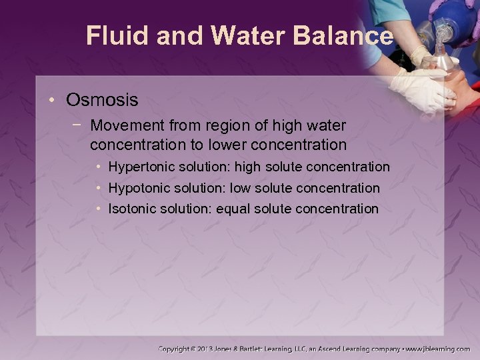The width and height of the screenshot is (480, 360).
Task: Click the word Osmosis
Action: [x=102, y=100]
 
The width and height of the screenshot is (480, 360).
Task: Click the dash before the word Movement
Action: [x=79, y=125]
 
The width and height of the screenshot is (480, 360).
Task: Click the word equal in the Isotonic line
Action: [x=234, y=209]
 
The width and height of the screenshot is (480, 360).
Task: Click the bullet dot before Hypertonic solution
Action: [x=99, y=166]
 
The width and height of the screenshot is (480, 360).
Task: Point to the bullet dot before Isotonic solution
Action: [x=99, y=209]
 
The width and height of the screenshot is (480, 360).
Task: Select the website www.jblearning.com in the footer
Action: [x=438, y=349]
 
